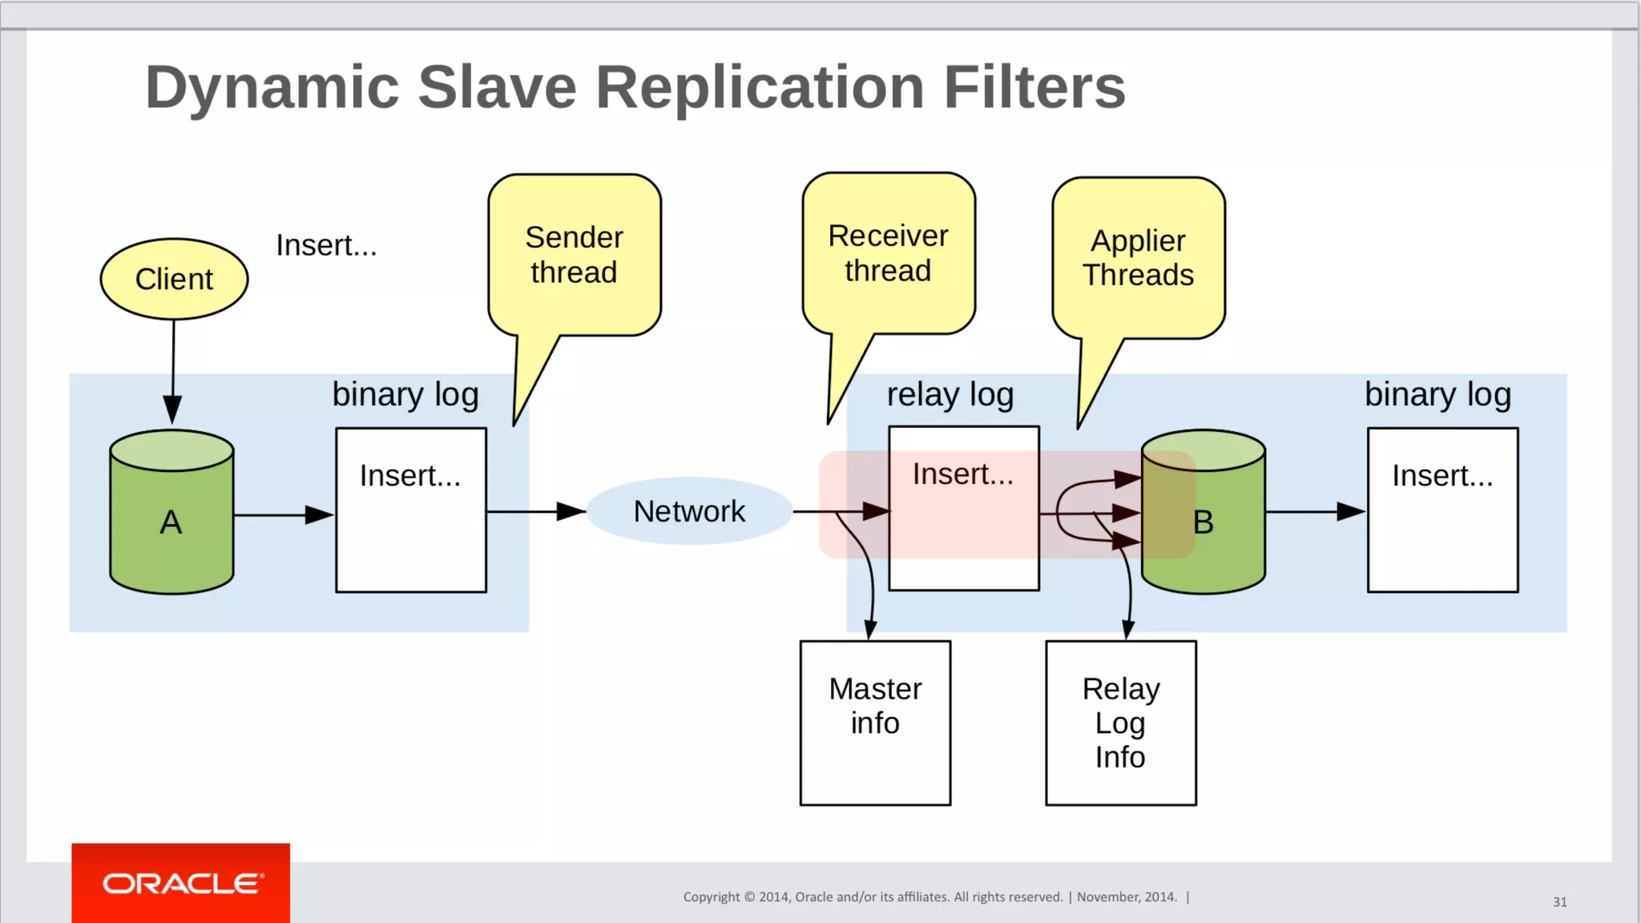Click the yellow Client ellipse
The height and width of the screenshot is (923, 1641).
(x=174, y=279)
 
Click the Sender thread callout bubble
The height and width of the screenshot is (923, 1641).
(x=575, y=255)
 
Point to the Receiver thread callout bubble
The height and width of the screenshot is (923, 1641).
(x=889, y=253)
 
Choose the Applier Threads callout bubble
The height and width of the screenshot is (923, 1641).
(x=1139, y=258)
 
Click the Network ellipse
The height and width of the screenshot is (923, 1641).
(x=689, y=511)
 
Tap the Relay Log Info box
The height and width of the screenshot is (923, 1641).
(x=1120, y=723)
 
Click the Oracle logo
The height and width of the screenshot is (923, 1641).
(x=181, y=883)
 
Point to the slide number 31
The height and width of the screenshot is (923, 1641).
(x=1559, y=902)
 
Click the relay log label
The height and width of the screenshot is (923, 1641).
(x=950, y=395)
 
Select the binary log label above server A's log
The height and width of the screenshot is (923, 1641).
(x=405, y=395)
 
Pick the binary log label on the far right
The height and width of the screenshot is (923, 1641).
(x=1437, y=395)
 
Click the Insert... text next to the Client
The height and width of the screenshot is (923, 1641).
(x=326, y=245)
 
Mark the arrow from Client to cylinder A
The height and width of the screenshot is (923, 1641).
(x=172, y=369)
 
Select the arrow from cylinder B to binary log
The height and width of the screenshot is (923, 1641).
(x=1315, y=511)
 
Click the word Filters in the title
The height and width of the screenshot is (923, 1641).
(x=1034, y=87)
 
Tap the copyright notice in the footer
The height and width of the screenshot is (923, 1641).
(x=929, y=897)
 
